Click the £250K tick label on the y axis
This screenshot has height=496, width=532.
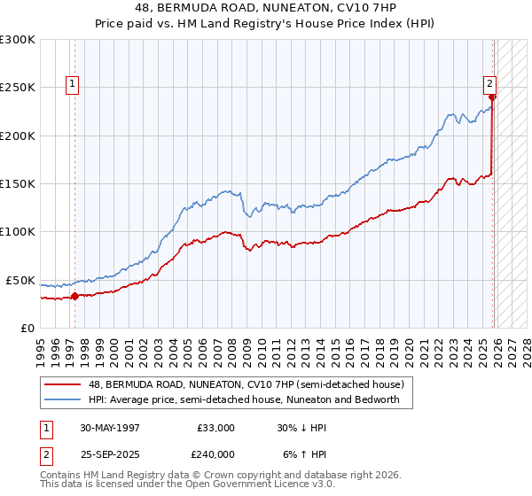point(18,88)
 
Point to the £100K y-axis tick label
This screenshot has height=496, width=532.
point(18,231)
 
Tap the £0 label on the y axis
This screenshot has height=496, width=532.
point(27,328)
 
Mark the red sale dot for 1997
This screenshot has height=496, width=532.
point(74,296)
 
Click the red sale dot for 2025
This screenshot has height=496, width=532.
point(493,97)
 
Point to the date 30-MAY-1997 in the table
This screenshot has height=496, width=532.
point(110,428)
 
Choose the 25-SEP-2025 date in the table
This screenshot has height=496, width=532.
point(110,453)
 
